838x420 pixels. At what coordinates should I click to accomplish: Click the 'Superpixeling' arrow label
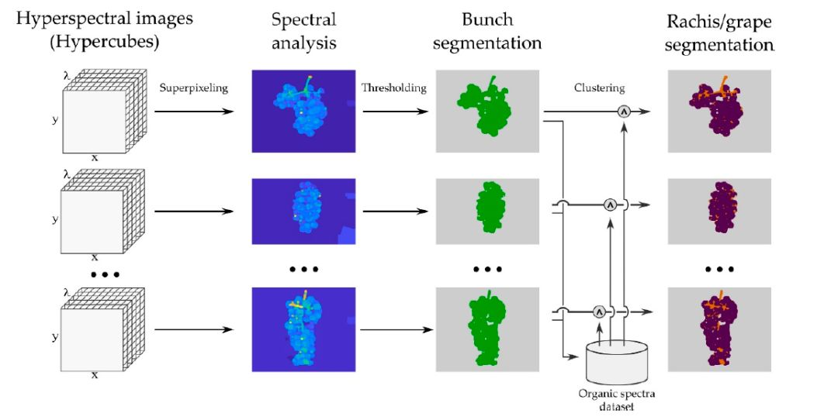(x=194, y=88)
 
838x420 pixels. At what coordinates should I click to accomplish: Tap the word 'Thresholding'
(x=393, y=88)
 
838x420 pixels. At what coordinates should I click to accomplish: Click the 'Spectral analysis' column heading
(x=303, y=31)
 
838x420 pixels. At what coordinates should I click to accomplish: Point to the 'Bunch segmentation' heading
(x=487, y=31)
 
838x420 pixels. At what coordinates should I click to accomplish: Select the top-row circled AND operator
(x=623, y=112)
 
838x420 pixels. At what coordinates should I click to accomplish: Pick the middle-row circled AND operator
(x=611, y=205)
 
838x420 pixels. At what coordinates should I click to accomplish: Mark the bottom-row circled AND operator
(x=598, y=312)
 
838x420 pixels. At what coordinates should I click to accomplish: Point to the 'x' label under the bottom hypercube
(x=95, y=375)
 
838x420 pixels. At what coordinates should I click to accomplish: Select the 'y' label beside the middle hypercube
(x=55, y=219)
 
